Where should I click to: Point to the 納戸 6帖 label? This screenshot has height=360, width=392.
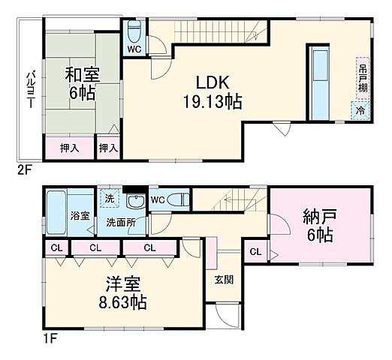click(x=321, y=225)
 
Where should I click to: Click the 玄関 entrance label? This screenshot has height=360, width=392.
click(x=224, y=280)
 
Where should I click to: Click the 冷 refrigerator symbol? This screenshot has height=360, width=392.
click(x=360, y=110)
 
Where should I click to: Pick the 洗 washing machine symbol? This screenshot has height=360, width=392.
click(x=108, y=199)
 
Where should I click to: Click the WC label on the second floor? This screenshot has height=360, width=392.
click(x=134, y=49)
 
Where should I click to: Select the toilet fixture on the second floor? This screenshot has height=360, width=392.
click(x=134, y=31)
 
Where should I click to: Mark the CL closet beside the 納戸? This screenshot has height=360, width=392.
click(x=256, y=251)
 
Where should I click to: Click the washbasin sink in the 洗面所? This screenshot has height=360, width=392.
click(x=135, y=201)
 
